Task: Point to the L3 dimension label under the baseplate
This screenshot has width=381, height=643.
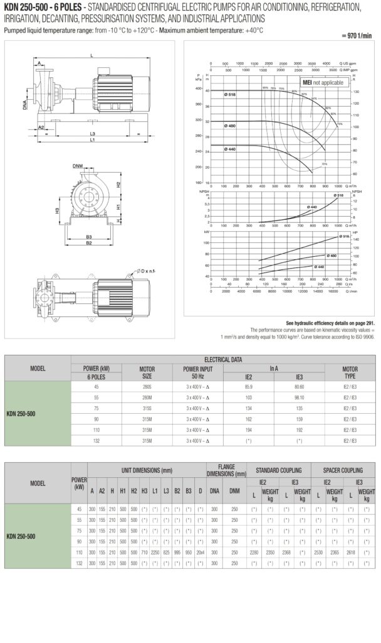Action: pyautogui.click(x=92, y=134)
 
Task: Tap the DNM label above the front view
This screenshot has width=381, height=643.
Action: pyautogui.click(x=77, y=166)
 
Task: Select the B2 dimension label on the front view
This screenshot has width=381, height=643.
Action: pyautogui.click(x=89, y=242)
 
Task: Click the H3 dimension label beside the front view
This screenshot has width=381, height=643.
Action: pyautogui.click(x=57, y=210)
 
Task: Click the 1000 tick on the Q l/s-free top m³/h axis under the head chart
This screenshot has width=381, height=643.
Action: pyautogui.click(x=338, y=186)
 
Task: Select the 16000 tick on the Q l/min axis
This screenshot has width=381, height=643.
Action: pyautogui.click(x=333, y=291)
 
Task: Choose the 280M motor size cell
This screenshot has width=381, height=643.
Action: pyautogui.click(x=147, y=397)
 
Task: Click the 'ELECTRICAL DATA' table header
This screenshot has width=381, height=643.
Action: pyautogui.click(x=223, y=359)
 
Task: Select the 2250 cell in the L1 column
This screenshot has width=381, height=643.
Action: pyautogui.click(x=155, y=553)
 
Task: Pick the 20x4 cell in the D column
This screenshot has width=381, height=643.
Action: pyautogui.click(x=199, y=553)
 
